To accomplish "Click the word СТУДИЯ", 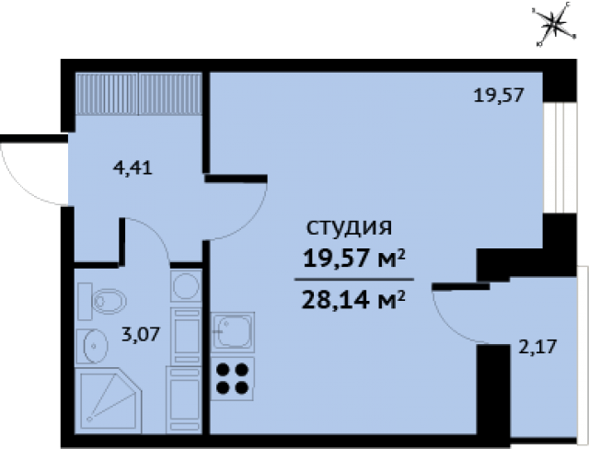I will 349,226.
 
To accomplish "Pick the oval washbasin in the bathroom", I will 95,347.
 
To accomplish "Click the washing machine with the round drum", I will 185,284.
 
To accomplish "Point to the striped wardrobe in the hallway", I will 139,93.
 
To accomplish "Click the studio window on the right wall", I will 555,156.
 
